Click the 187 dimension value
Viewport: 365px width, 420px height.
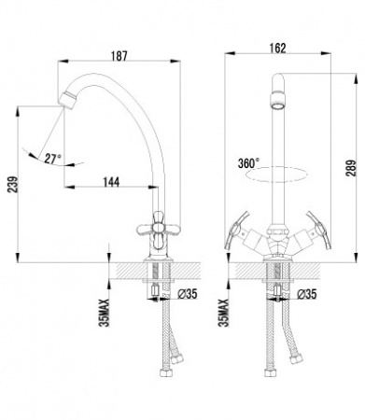tap(119, 56)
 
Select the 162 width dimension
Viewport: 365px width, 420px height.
tap(278, 49)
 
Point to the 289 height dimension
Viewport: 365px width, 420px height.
tap(351, 168)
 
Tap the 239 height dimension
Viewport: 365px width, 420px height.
tap(12, 185)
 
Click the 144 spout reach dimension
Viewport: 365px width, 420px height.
tap(111, 182)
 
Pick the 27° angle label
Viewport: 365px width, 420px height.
tap(53, 159)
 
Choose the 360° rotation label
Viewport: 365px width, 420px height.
tap(248, 163)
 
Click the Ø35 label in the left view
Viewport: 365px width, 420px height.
tap(187, 294)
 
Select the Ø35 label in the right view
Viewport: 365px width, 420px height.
tap(306, 294)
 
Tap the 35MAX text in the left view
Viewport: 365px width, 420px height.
tap(105, 313)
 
